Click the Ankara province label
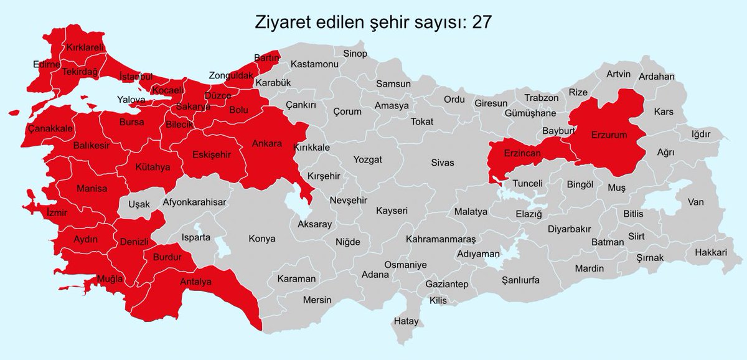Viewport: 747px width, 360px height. coord(266,143)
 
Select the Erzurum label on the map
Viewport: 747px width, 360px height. coord(609,135)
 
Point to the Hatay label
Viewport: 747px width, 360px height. coord(406,321)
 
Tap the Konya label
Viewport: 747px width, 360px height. coord(261,239)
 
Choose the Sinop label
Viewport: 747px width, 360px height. coord(355,54)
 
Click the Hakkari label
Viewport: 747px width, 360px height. coord(712,252)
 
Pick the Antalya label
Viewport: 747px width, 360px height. coord(195,282)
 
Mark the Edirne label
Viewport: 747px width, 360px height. coord(47,64)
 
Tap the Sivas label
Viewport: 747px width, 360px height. coord(443,163)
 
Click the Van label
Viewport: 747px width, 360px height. coord(695,201)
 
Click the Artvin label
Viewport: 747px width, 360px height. coord(619,74)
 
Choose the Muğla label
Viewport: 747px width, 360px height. coord(110,278)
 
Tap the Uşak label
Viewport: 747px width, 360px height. coord(139,204)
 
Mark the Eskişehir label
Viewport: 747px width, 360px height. coord(212,154)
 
